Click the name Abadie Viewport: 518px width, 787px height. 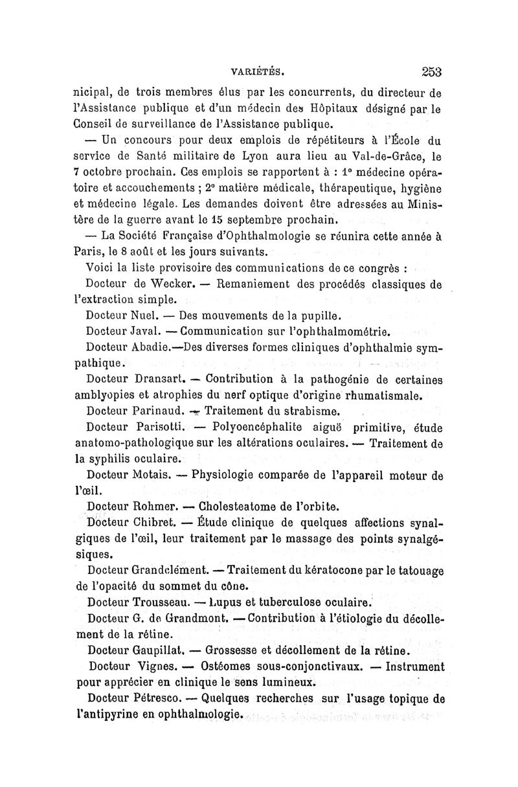coord(154,347)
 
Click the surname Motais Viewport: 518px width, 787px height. coord(153,475)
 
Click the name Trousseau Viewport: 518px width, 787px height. coord(163,602)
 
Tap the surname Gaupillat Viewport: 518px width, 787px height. coord(162,650)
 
